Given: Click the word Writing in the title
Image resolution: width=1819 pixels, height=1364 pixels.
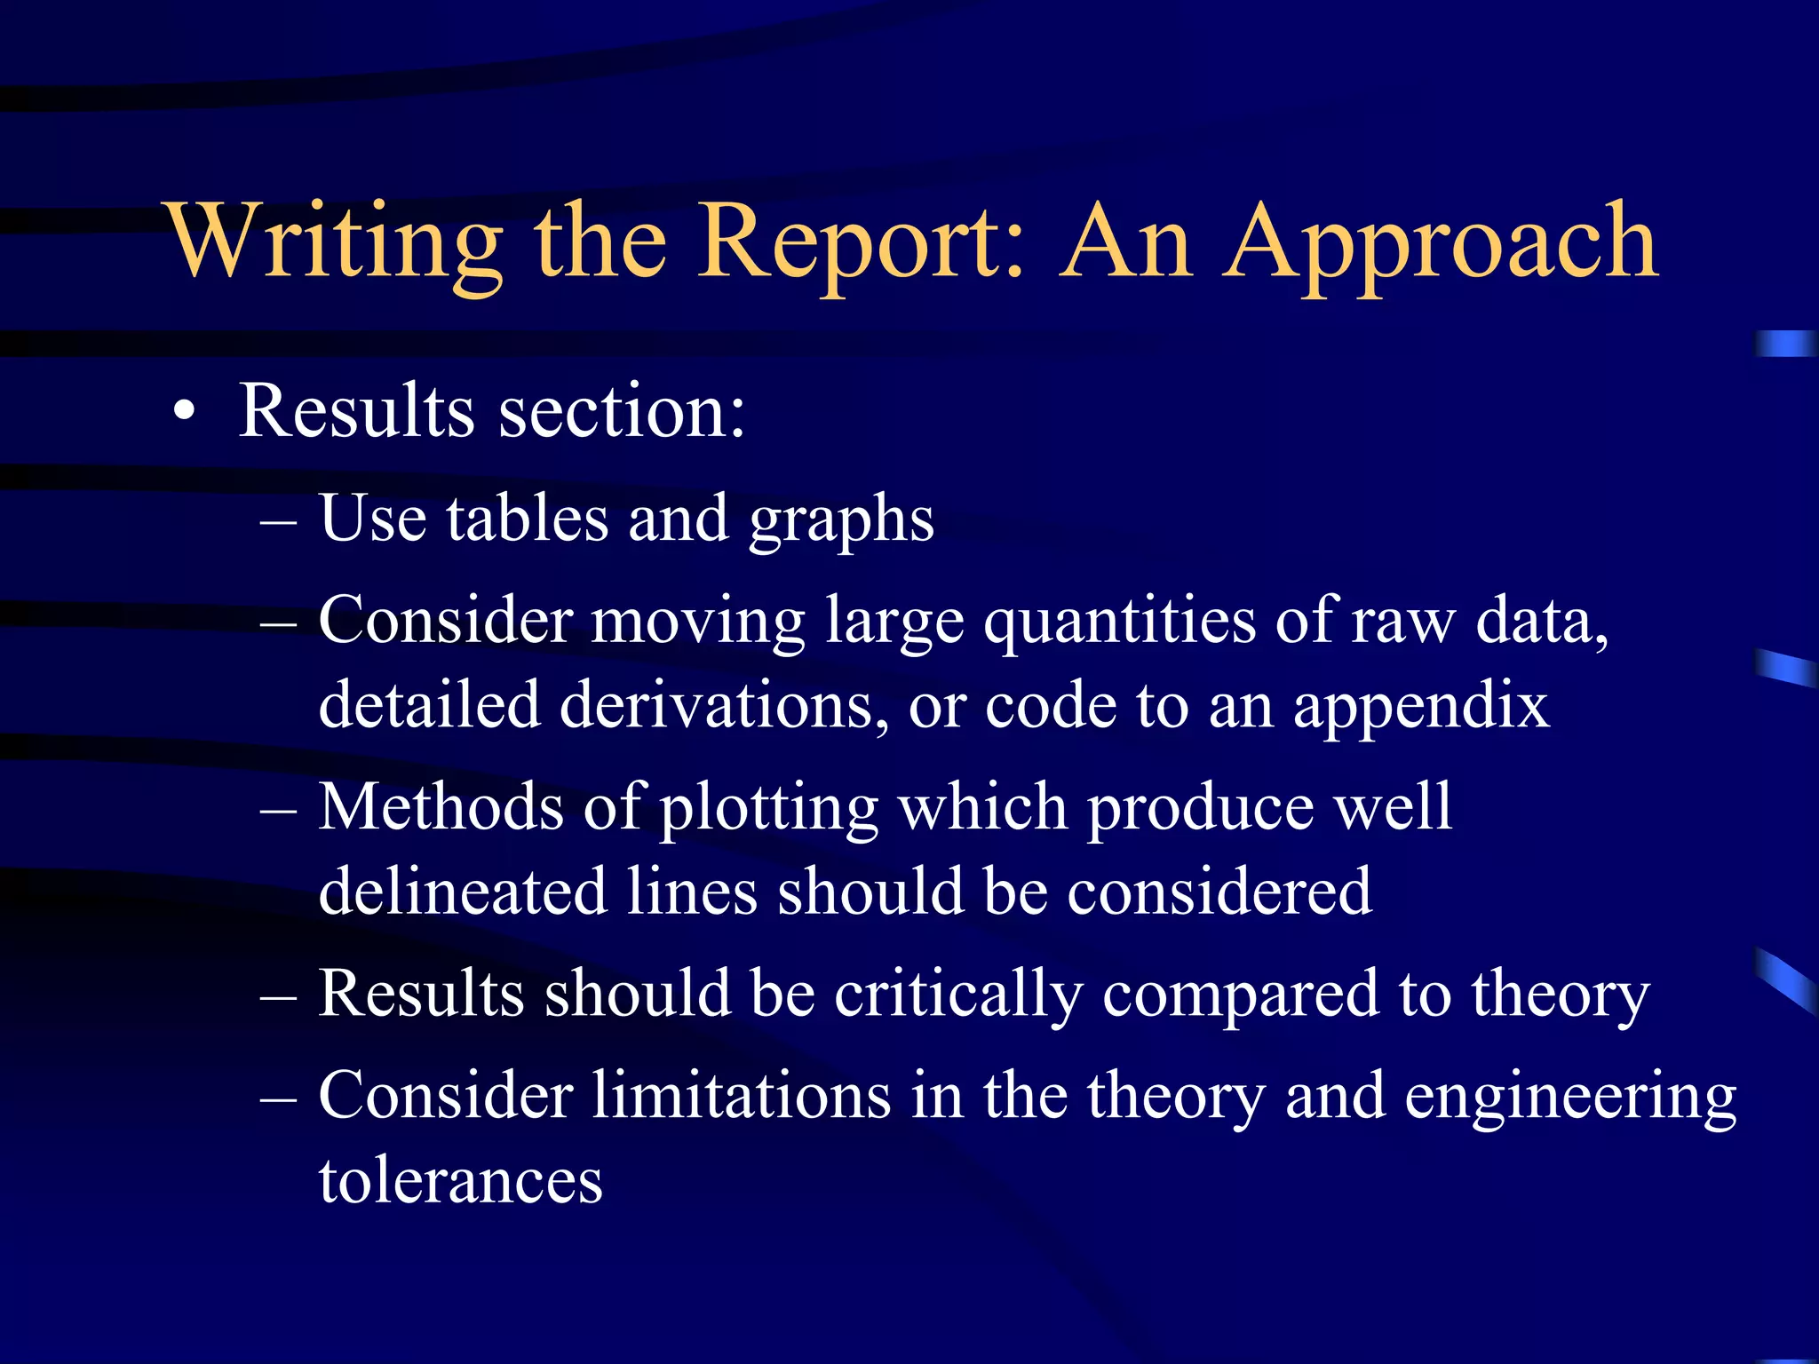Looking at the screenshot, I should (x=336, y=242).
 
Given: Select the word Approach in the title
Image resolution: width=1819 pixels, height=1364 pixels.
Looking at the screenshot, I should (x=1441, y=242).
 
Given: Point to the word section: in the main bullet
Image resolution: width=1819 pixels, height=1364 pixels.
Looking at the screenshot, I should (x=622, y=411).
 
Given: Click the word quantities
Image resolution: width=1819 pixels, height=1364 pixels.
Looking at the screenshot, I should (x=1119, y=622).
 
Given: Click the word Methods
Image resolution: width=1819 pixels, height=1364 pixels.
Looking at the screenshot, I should (x=441, y=807).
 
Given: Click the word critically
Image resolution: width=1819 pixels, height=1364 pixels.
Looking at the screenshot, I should (x=958, y=995).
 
